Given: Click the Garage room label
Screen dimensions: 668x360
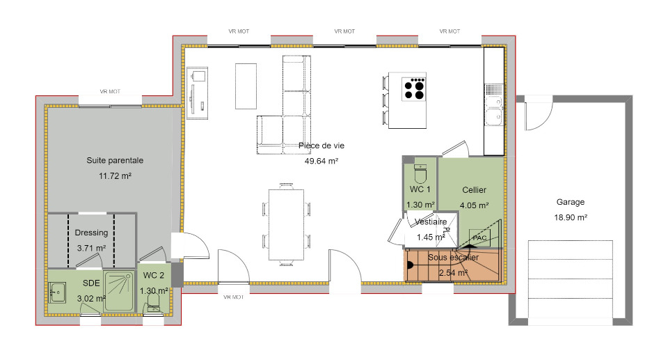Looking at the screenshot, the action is coord(570,202).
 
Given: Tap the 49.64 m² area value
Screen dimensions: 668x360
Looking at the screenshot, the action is coord(321,161).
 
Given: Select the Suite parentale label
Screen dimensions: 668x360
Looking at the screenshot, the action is coord(115,160).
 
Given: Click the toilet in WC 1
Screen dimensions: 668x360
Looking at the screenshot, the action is coord(420,173).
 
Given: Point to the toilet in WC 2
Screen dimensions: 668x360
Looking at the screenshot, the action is coord(153,303).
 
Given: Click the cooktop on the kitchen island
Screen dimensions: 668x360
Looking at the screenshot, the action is coord(413,88).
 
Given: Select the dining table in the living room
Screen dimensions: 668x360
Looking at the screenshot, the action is coord(286,224).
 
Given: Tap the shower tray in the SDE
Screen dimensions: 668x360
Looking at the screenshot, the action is coord(119,291).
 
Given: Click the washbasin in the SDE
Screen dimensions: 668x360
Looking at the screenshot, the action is coord(56,292).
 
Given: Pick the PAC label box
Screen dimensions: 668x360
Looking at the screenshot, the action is coord(479,237).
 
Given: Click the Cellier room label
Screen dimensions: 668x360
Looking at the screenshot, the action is coord(474,190).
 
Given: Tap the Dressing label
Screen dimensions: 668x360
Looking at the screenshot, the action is coord(91,233).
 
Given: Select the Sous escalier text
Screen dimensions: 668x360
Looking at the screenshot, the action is coord(453,257).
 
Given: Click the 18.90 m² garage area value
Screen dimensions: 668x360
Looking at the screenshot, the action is coord(571,217).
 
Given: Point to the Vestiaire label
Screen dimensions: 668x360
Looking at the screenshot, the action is coord(430,222).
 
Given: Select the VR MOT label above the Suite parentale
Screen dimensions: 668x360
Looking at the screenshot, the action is coord(110,91).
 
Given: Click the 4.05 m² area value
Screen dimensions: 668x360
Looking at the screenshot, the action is coord(474,205).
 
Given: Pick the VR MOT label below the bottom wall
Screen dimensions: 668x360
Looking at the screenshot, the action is coord(234,297).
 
